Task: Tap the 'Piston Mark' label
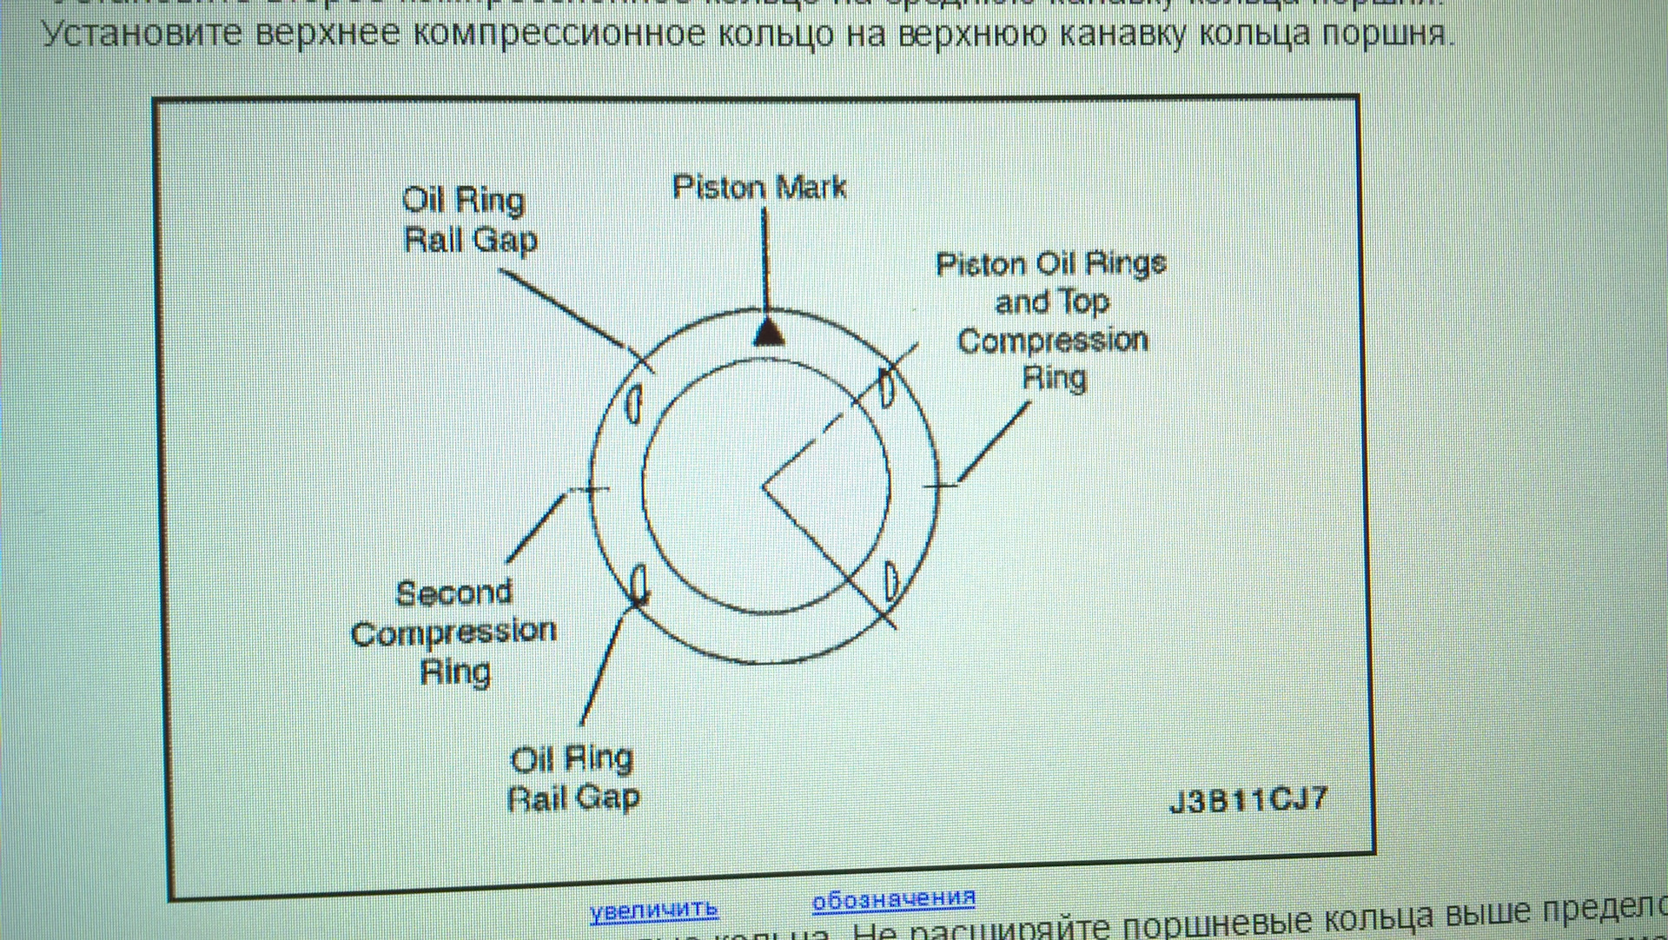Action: click(759, 188)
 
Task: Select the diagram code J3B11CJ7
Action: click(1248, 800)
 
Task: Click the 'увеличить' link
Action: click(653, 910)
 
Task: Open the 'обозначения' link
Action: click(893, 899)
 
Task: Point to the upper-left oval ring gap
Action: click(634, 404)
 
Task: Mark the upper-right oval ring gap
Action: click(886, 388)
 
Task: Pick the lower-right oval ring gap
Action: click(891, 581)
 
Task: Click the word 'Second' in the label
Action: click(453, 593)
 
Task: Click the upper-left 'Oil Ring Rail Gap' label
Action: click(468, 220)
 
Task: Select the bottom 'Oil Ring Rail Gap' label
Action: click(573, 778)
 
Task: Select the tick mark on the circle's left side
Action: click(592, 489)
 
